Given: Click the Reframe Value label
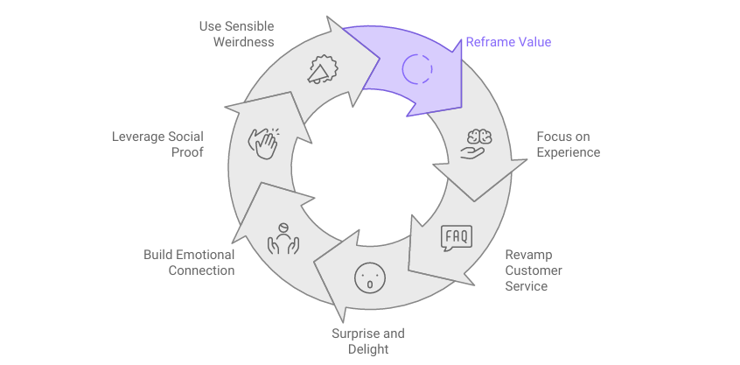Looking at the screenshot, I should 508,41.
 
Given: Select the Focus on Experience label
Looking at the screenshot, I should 568,144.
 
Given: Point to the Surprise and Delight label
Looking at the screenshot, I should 367,341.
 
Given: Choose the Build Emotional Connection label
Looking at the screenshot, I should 189,263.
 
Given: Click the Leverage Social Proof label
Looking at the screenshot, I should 157,144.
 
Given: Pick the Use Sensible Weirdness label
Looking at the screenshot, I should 236,34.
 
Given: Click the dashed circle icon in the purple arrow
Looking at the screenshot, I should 417,67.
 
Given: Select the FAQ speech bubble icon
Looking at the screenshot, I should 456,237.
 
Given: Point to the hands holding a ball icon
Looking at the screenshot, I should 283,238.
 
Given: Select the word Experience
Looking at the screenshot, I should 568,152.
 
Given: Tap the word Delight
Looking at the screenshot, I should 367,349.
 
